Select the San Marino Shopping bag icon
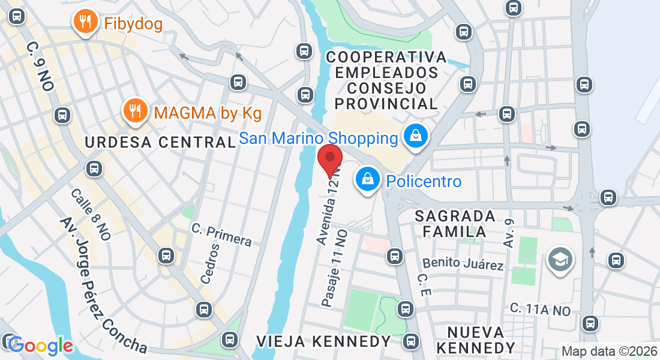tap(415, 137)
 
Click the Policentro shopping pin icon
tap(365, 179)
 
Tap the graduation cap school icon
tap(560, 260)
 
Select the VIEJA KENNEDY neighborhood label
tap(324, 341)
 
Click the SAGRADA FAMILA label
tap(455, 223)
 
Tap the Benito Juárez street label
tap(463, 263)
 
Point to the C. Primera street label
tap(221, 235)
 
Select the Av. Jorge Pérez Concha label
tap(103, 285)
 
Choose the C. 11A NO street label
tap(540, 310)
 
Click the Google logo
tap(41, 346)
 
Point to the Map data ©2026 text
tap(608, 352)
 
